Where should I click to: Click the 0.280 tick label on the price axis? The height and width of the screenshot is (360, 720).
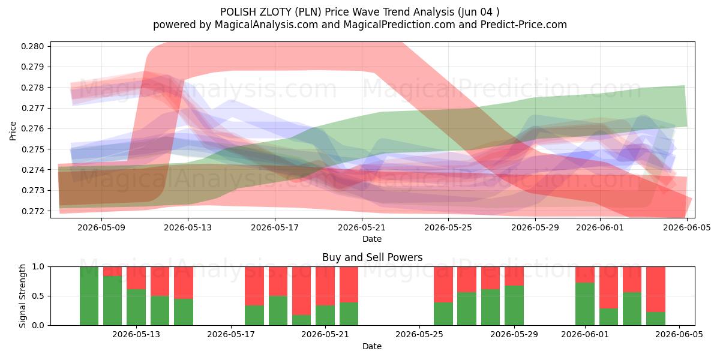[32, 46]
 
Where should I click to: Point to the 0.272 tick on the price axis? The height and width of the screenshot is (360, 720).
[32, 211]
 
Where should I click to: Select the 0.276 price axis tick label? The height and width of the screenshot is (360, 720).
[32, 128]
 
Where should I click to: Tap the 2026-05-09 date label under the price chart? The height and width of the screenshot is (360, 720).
[101, 227]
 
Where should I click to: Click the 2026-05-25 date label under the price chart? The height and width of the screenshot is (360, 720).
[448, 227]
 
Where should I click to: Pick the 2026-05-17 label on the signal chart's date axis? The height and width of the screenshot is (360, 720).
[231, 335]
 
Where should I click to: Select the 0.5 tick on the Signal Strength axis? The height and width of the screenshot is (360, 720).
[38, 296]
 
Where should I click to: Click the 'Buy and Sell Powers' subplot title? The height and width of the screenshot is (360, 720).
[372, 257]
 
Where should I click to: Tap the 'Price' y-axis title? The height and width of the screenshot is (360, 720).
[13, 131]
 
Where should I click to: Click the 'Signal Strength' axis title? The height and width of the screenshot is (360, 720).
[22, 296]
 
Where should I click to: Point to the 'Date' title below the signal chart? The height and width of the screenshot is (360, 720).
[372, 346]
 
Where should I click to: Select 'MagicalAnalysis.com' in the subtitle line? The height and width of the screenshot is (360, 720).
[266, 25]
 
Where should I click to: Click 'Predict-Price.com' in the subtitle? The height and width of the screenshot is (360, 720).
[524, 25]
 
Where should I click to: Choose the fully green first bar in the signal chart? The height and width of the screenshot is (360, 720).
[89, 296]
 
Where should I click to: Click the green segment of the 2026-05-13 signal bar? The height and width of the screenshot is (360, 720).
[136, 307]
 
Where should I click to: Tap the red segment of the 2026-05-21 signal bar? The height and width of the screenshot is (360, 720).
[325, 286]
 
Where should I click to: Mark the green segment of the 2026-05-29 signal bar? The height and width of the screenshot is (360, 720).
[514, 305]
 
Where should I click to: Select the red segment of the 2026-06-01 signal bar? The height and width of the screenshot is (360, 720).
[585, 275]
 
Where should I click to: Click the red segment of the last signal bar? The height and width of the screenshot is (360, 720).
[656, 289]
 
